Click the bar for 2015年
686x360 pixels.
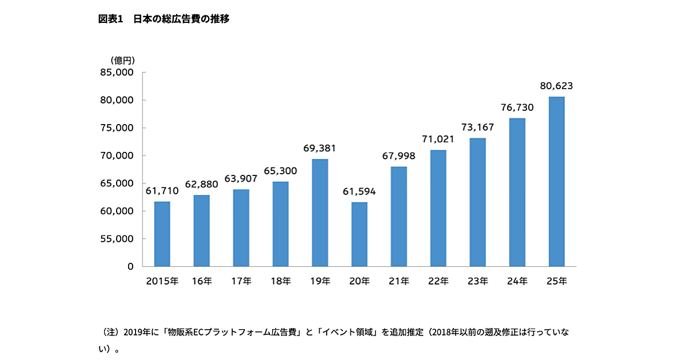tap(162, 234)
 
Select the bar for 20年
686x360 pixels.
tap(359, 234)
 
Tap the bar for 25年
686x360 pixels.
tap(556, 182)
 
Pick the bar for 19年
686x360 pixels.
tap(320, 213)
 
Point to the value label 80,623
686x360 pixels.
tap(556, 87)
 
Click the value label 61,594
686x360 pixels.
tap(359, 191)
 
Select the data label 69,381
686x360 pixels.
tap(320, 149)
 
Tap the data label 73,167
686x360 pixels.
tap(477, 127)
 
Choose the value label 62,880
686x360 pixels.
tap(201, 185)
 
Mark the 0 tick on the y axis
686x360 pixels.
tap(130, 266)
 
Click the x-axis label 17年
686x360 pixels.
tap(241, 281)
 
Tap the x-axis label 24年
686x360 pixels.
tap(517, 281)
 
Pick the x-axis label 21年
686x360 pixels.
tap(398, 281)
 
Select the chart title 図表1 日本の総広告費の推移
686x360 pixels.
tap(164, 19)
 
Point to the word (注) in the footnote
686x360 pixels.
tap(109, 332)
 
